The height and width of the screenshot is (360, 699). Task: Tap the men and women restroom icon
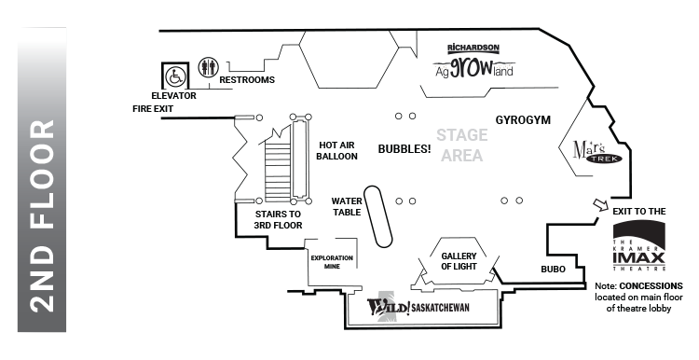[208, 69]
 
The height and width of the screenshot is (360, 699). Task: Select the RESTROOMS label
[247, 80]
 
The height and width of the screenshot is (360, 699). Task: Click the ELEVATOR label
[174, 95]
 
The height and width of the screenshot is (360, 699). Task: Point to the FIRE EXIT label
[152, 109]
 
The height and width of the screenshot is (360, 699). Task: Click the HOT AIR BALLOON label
[337, 150]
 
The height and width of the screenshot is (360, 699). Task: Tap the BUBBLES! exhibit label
[404, 148]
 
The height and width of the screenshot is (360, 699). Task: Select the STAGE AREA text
[461, 145]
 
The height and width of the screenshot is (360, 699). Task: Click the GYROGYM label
[524, 121]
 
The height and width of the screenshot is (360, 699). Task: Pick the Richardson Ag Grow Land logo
[473, 62]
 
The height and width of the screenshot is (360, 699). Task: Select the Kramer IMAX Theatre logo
[638, 248]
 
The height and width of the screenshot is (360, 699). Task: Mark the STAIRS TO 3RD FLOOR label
[278, 219]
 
